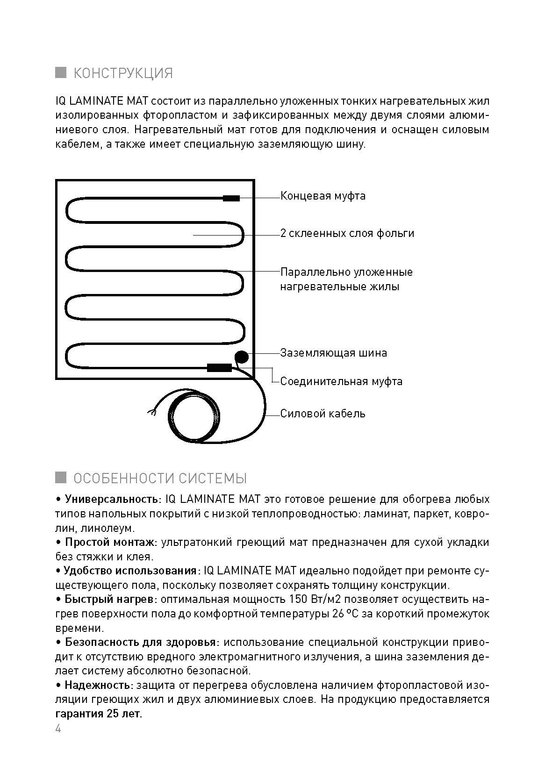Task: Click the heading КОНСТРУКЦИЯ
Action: pyautogui.click(x=123, y=73)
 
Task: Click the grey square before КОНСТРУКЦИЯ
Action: pyautogui.click(x=61, y=72)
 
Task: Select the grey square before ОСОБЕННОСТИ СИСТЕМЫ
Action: pyautogui.click(x=61, y=478)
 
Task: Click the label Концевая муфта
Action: pyautogui.click(x=323, y=196)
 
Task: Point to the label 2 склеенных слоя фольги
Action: pyautogui.click(x=347, y=233)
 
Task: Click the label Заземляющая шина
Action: pyautogui.click(x=334, y=353)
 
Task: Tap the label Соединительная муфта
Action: pyautogui.click(x=341, y=381)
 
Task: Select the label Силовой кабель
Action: pyautogui.click(x=323, y=414)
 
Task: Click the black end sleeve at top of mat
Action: pyautogui.click(x=231, y=199)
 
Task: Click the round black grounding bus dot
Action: pyautogui.click(x=242, y=357)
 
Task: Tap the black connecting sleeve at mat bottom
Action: pyautogui.click(x=219, y=368)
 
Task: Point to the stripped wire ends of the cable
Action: pyautogui.click(x=151, y=412)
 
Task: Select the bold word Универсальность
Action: pyautogui.click(x=113, y=499)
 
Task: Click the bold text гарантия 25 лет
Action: pyautogui.click(x=99, y=714)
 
